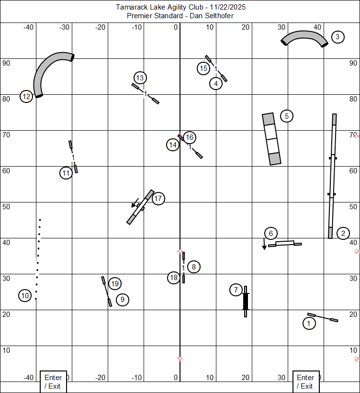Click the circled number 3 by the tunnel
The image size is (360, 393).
click(337, 37)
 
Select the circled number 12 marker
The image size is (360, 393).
click(26, 97)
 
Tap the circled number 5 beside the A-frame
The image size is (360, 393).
click(287, 116)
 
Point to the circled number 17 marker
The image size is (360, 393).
click(158, 199)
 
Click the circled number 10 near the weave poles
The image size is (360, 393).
click(25, 295)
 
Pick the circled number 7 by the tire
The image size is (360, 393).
click(236, 290)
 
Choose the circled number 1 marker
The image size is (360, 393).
click(309, 323)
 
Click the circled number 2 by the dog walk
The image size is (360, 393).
click(343, 233)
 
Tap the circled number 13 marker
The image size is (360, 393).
click(140, 78)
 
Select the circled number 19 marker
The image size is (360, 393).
click(115, 283)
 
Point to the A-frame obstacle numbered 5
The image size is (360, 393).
click(271, 139)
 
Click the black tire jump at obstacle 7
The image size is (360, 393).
click(246, 302)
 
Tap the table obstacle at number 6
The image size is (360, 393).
click(285, 243)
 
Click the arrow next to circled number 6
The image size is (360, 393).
click(264, 244)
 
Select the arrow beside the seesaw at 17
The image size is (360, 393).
click(135, 203)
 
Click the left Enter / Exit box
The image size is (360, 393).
click(53, 382)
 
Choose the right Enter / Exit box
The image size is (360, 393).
click(306, 382)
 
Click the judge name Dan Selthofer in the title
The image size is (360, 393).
click(212, 16)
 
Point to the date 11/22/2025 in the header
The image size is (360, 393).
click(227, 7)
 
